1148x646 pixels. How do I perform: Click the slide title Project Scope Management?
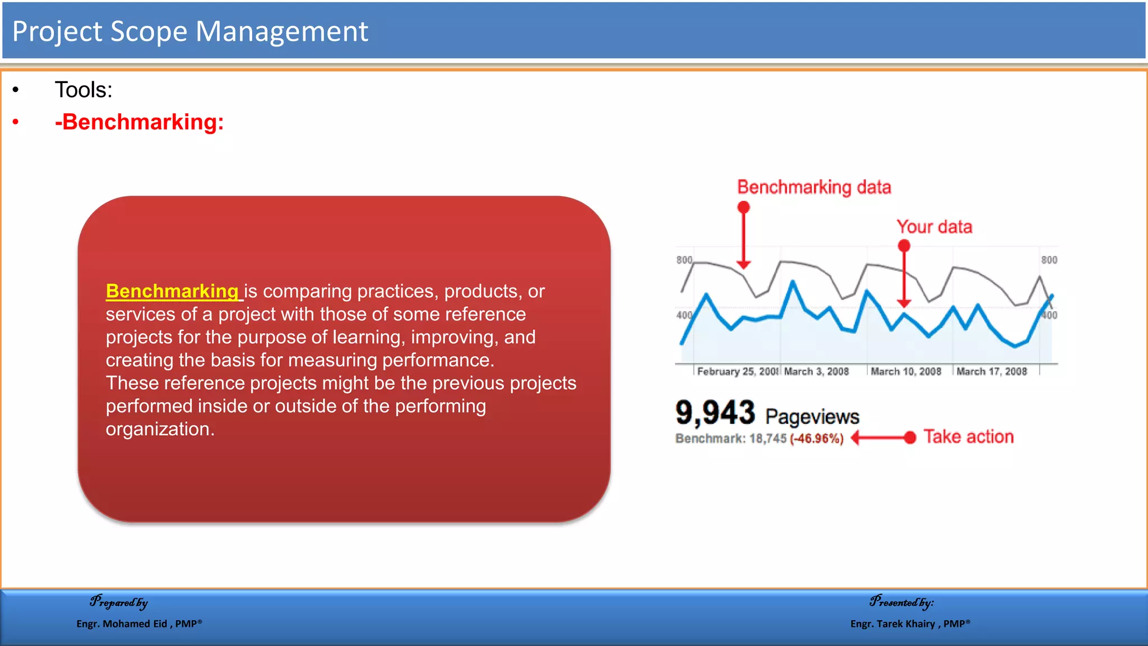[189, 31]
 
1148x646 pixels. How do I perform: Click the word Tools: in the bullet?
[84, 90]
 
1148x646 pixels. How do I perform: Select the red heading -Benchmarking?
[139, 122]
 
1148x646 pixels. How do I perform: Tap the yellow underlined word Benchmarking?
[172, 291]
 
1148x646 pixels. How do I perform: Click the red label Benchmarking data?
[813, 187]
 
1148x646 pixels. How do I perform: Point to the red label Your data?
[934, 227]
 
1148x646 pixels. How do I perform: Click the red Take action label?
[968, 437]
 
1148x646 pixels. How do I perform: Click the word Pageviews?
[812, 417]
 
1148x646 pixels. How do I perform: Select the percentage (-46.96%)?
[816, 439]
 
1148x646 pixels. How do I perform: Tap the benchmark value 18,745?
[768, 439]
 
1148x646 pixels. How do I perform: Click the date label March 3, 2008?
[816, 372]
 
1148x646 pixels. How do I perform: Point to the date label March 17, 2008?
[991, 372]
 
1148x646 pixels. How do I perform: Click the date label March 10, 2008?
[905, 372]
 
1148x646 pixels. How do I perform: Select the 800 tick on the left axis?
[684, 260]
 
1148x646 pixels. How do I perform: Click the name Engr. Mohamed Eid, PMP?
[138, 624]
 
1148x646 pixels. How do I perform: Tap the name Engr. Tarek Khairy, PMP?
[909, 624]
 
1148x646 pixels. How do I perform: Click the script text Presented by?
[901, 602]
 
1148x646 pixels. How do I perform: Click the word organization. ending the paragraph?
[160, 430]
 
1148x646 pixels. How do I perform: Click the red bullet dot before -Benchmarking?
[16, 122]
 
